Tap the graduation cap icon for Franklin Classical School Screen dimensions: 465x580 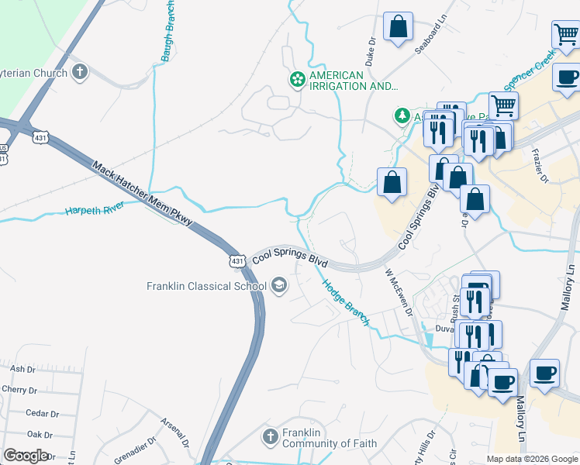pos(278,287)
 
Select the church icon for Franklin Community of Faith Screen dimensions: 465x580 pos(270,437)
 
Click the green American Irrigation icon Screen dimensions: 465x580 pos(296,79)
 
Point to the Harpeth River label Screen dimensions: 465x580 pos(95,210)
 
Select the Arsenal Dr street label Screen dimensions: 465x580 pos(174,432)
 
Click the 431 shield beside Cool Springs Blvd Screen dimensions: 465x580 pos(237,260)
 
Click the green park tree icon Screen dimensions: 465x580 pos(402,116)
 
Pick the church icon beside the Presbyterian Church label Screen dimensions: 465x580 pos(80,73)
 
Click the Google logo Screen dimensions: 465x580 pos(26,456)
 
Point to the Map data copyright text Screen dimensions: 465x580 pos(531,459)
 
